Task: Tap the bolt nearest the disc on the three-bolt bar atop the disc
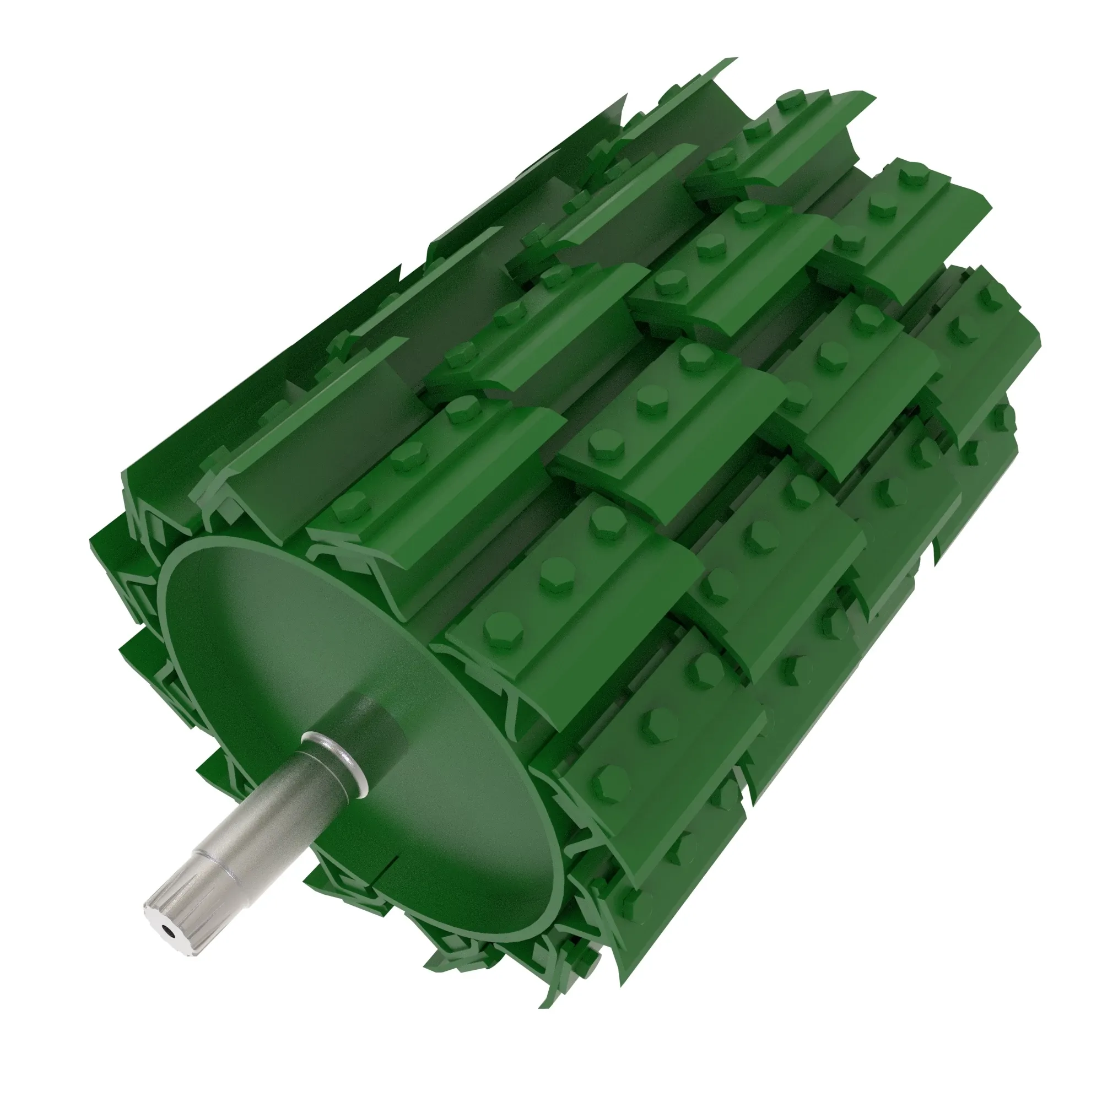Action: [352, 505]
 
